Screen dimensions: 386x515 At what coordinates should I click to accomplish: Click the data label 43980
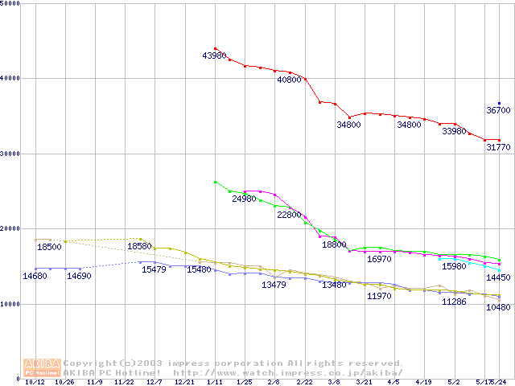coord(215,55)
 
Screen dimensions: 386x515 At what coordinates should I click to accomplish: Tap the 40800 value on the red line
coord(289,80)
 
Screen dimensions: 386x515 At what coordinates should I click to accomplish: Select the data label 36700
coord(498,110)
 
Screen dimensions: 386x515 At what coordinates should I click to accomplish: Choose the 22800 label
coord(289,215)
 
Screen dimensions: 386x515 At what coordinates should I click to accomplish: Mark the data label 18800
coord(334,244)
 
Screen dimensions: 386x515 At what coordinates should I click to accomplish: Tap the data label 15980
coord(454,266)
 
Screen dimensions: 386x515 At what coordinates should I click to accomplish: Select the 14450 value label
coord(498,277)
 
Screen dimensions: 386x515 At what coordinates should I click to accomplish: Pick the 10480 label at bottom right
coord(498,307)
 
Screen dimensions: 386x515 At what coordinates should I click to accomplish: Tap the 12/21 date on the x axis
coord(184,383)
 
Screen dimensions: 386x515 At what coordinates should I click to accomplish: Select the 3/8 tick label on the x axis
coord(334,383)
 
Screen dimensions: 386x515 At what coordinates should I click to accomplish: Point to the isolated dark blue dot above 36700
coord(499,103)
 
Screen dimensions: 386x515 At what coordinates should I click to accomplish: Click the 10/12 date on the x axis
coord(34,383)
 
